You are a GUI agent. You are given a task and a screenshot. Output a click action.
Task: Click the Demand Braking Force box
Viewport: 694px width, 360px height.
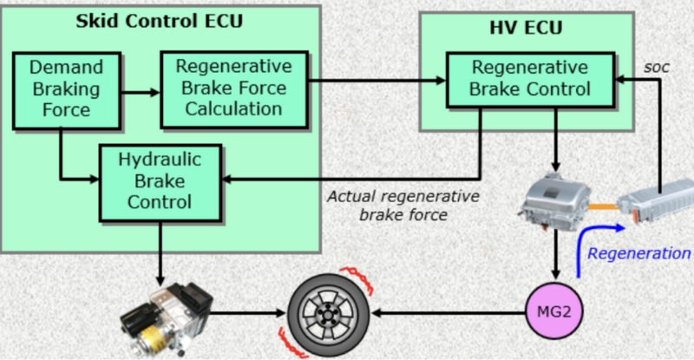pyautogui.click(x=67, y=91)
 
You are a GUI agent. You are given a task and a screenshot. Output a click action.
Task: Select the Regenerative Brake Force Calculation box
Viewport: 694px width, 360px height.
pyautogui.click(x=234, y=89)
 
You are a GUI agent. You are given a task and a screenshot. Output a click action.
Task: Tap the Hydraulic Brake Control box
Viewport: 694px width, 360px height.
pyautogui.click(x=160, y=182)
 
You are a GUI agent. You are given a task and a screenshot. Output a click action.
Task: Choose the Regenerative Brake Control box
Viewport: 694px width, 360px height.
pyautogui.click(x=530, y=80)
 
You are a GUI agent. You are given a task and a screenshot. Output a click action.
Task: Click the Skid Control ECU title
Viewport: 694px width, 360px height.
pyautogui.click(x=160, y=22)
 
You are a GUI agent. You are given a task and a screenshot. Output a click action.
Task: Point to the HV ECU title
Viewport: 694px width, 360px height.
pyautogui.click(x=526, y=28)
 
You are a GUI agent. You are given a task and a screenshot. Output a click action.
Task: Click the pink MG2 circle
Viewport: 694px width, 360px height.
pyautogui.click(x=554, y=311)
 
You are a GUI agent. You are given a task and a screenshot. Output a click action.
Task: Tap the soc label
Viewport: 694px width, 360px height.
pyautogui.click(x=657, y=68)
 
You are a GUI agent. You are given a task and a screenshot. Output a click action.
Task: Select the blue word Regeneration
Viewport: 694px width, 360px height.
pyautogui.click(x=638, y=253)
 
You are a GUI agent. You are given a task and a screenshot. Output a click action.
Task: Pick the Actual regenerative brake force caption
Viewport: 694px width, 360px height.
pyautogui.click(x=403, y=206)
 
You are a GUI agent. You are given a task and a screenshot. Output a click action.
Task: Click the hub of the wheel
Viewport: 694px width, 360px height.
pyautogui.click(x=328, y=314)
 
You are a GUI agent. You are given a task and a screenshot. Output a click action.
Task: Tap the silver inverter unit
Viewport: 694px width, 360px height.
pyautogui.click(x=554, y=201)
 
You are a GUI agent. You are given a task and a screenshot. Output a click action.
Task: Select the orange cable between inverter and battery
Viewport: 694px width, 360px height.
pyautogui.click(x=604, y=206)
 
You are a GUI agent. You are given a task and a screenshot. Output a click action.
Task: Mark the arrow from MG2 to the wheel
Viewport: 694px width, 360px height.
pyautogui.click(x=448, y=313)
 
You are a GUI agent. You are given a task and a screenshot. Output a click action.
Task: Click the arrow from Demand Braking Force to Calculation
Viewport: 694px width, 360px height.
pyautogui.click(x=141, y=93)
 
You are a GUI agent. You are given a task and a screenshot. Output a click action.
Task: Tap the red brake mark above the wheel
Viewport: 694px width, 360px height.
pyautogui.click(x=357, y=278)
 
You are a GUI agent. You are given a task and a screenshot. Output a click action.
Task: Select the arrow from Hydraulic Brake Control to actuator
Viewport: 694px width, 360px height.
pyautogui.click(x=160, y=253)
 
